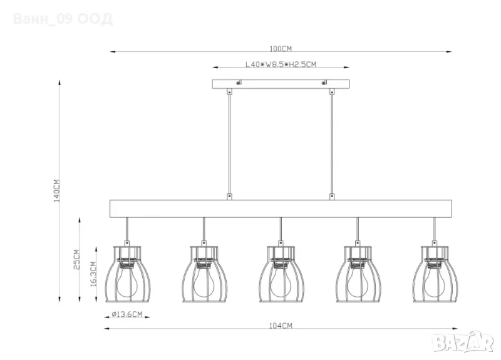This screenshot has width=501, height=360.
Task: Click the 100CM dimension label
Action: coord(281,49)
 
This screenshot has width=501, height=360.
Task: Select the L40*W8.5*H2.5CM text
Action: coord(281,64)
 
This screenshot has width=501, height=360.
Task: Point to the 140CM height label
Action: coord(56,190)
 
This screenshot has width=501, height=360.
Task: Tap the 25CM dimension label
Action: coord(76,259)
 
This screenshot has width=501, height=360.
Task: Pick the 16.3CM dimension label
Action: coord(93,274)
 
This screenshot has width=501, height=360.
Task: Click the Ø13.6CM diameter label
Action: coord(127,314)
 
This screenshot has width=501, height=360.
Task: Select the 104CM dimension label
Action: coord(281,326)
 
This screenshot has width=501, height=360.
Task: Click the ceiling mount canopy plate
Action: coord(281,84)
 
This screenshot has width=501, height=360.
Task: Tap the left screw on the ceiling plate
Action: coord(238,83)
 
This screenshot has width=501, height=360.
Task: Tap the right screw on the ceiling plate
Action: coord(324,83)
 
